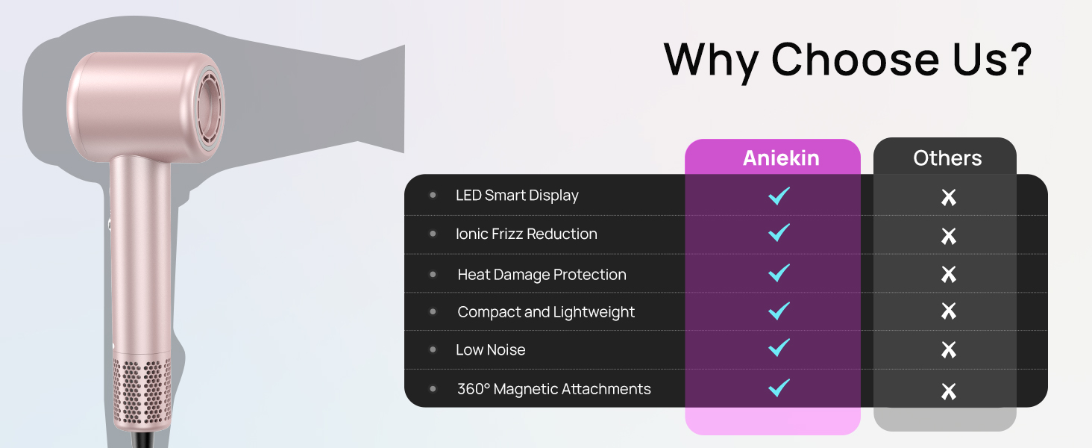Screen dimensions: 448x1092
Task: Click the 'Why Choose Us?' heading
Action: pyautogui.click(x=847, y=59)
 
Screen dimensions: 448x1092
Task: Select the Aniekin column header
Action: pyautogui.click(x=780, y=158)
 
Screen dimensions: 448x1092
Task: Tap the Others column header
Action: pyautogui.click(x=947, y=158)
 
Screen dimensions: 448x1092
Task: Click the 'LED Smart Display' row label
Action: pyautogui.click(x=517, y=196)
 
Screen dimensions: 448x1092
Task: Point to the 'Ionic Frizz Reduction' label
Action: pyautogui.click(x=526, y=234)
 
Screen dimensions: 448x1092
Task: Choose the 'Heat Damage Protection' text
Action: pyautogui.click(x=542, y=275)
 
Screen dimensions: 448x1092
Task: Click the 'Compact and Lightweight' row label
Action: pyautogui.click(x=546, y=312)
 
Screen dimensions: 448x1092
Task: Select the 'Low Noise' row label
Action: pyautogui.click(x=490, y=350)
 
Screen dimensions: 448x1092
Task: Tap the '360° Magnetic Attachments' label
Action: pyautogui.click(x=553, y=389)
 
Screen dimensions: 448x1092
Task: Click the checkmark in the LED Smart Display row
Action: pyautogui.click(x=779, y=196)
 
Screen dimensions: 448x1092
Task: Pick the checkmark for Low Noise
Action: pyautogui.click(x=779, y=347)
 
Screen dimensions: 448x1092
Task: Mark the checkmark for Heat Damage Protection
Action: pyautogui.click(x=779, y=272)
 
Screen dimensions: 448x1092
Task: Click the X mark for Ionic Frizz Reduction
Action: pyautogui.click(x=948, y=237)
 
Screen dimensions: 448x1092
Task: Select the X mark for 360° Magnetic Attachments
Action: pyautogui.click(x=948, y=391)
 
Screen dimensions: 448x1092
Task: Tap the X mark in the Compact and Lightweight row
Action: pyautogui.click(x=948, y=311)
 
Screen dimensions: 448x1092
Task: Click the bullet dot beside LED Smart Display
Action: pyautogui.click(x=433, y=196)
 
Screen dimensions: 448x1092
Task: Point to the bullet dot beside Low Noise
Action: pyautogui.click(x=433, y=349)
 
